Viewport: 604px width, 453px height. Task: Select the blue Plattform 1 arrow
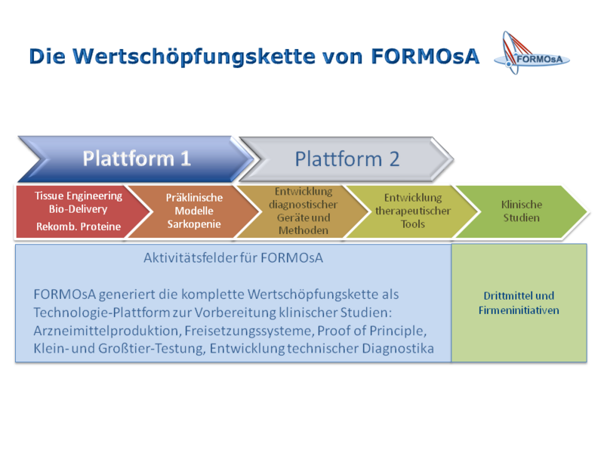[136, 159]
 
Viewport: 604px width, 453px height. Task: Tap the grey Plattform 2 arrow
[347, 159]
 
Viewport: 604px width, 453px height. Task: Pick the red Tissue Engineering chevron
[75, 211]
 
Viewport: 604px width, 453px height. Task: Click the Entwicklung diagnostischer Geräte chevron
[303, 211]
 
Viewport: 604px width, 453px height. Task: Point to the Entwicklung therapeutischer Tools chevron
[412, 211]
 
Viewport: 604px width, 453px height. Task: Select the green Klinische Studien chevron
[522, 211]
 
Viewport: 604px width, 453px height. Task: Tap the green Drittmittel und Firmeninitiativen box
[519, 303]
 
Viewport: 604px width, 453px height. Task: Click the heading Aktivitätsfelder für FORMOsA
[233, 257]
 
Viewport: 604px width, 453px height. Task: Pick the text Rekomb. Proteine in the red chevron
[79, 226]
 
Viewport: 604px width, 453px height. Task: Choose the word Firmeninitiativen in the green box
[519, 310]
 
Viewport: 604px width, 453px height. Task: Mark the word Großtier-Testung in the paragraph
[154, 348]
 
